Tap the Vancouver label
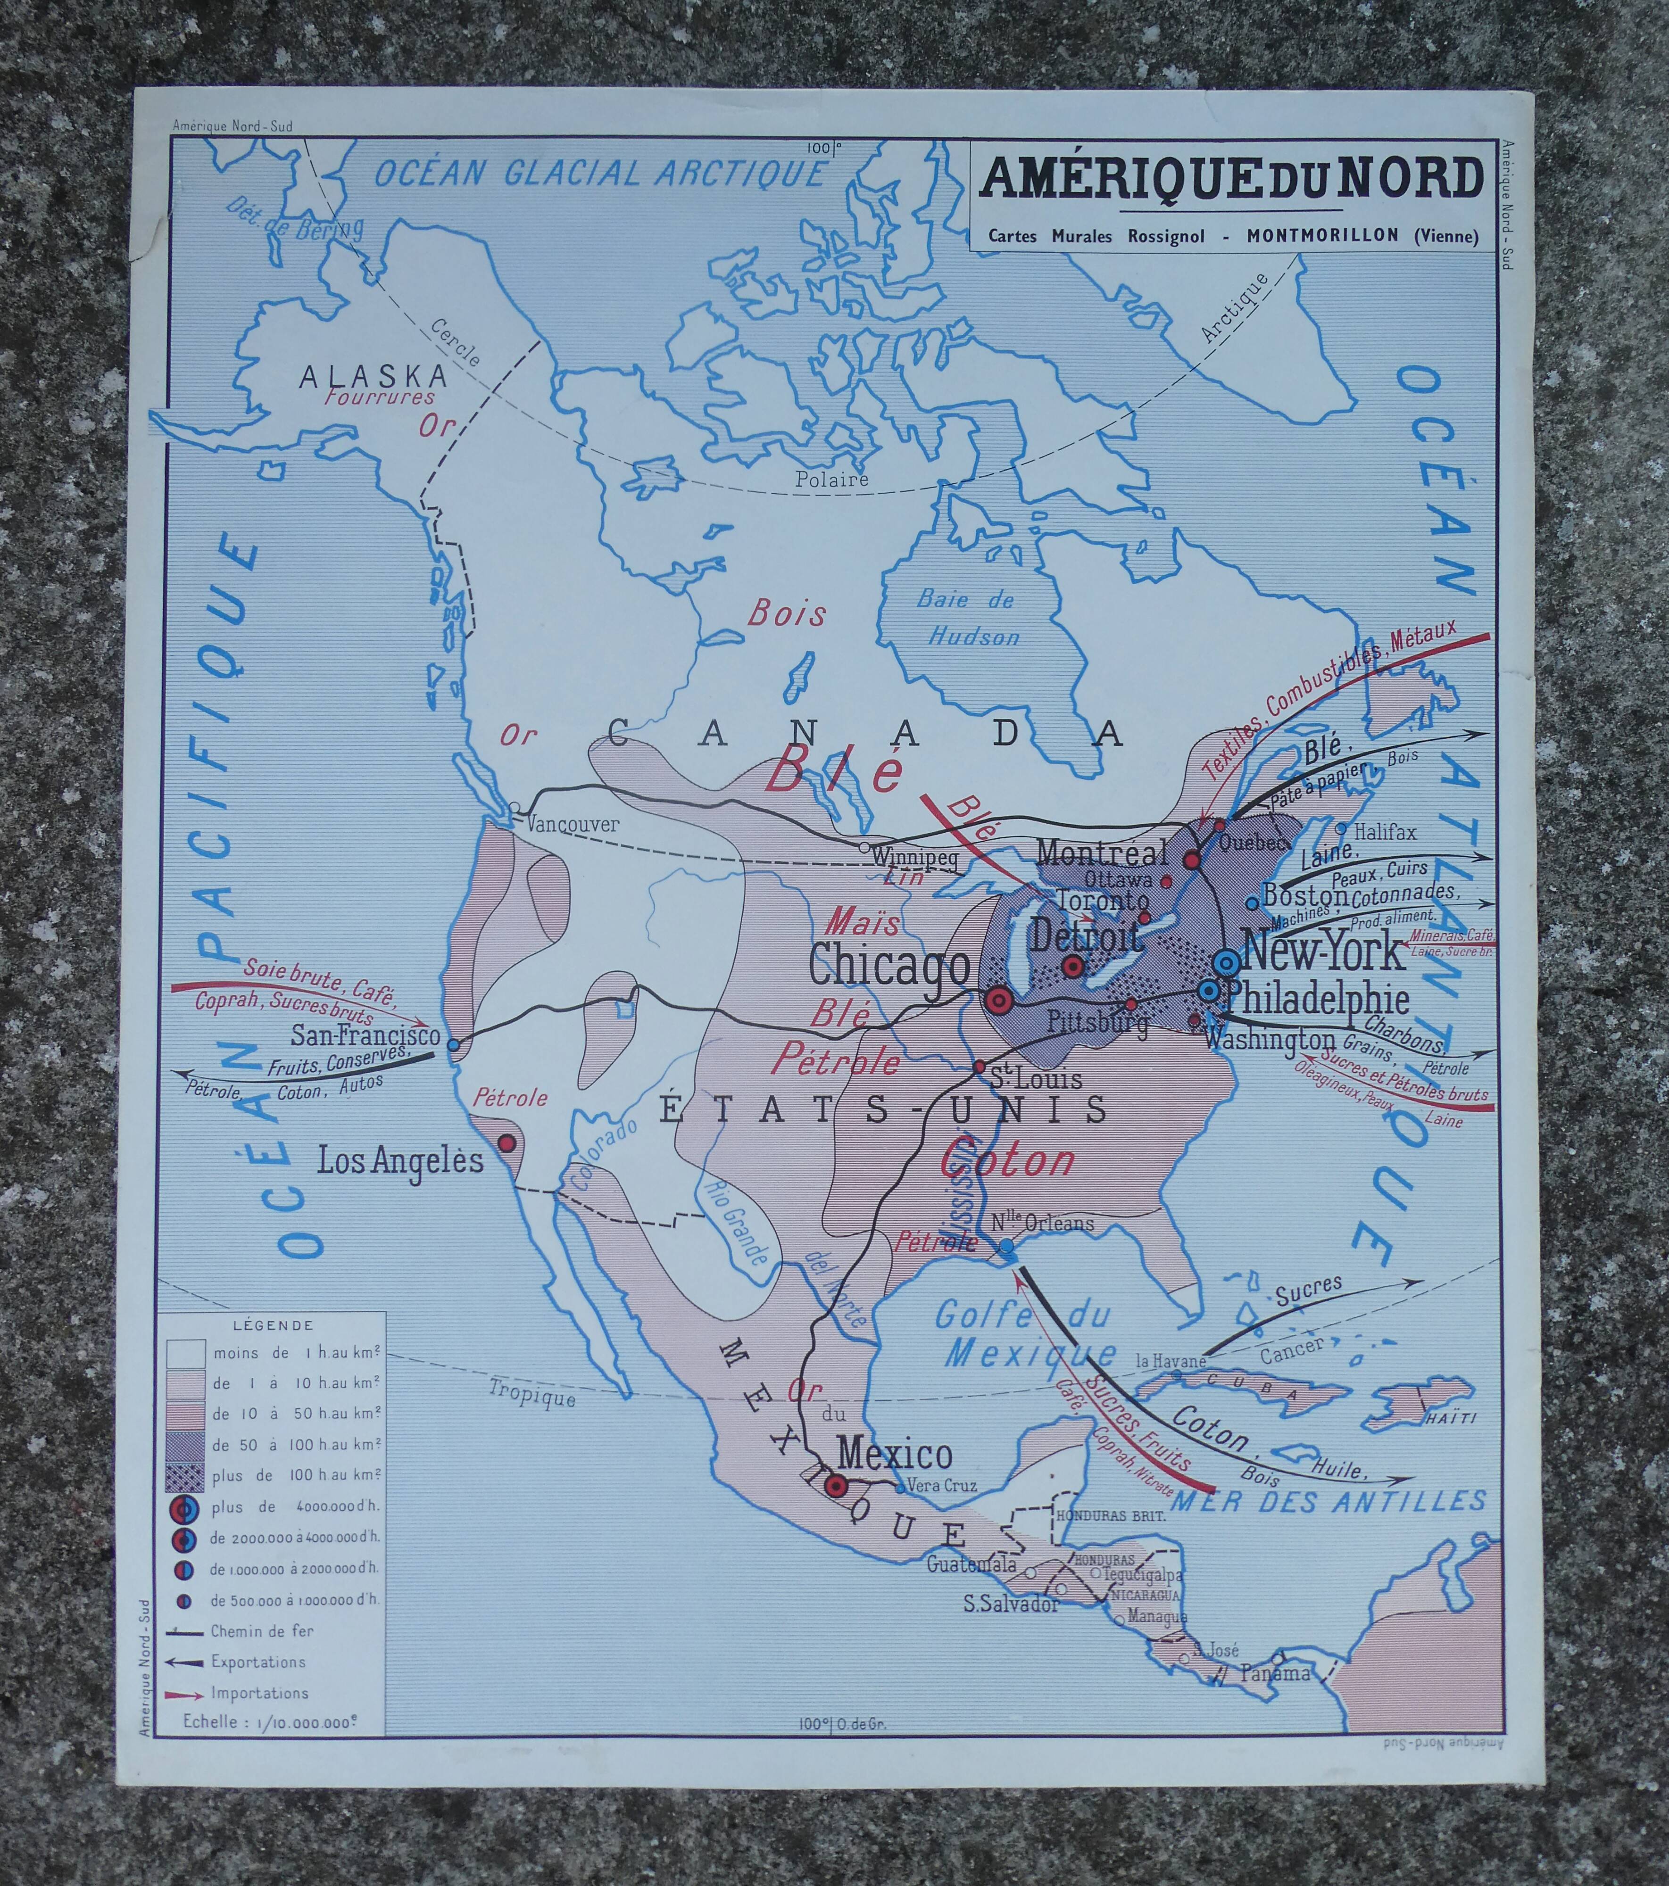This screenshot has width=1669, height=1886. pyautogui.click(x=573, y=824)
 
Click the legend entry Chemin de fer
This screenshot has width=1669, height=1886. pyautogui.click(x=262, y=1631)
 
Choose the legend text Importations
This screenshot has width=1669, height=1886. pyautogui.click(x=259, y=1693)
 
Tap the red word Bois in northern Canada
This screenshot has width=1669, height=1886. pyautogui.click(x=787, y=614)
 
